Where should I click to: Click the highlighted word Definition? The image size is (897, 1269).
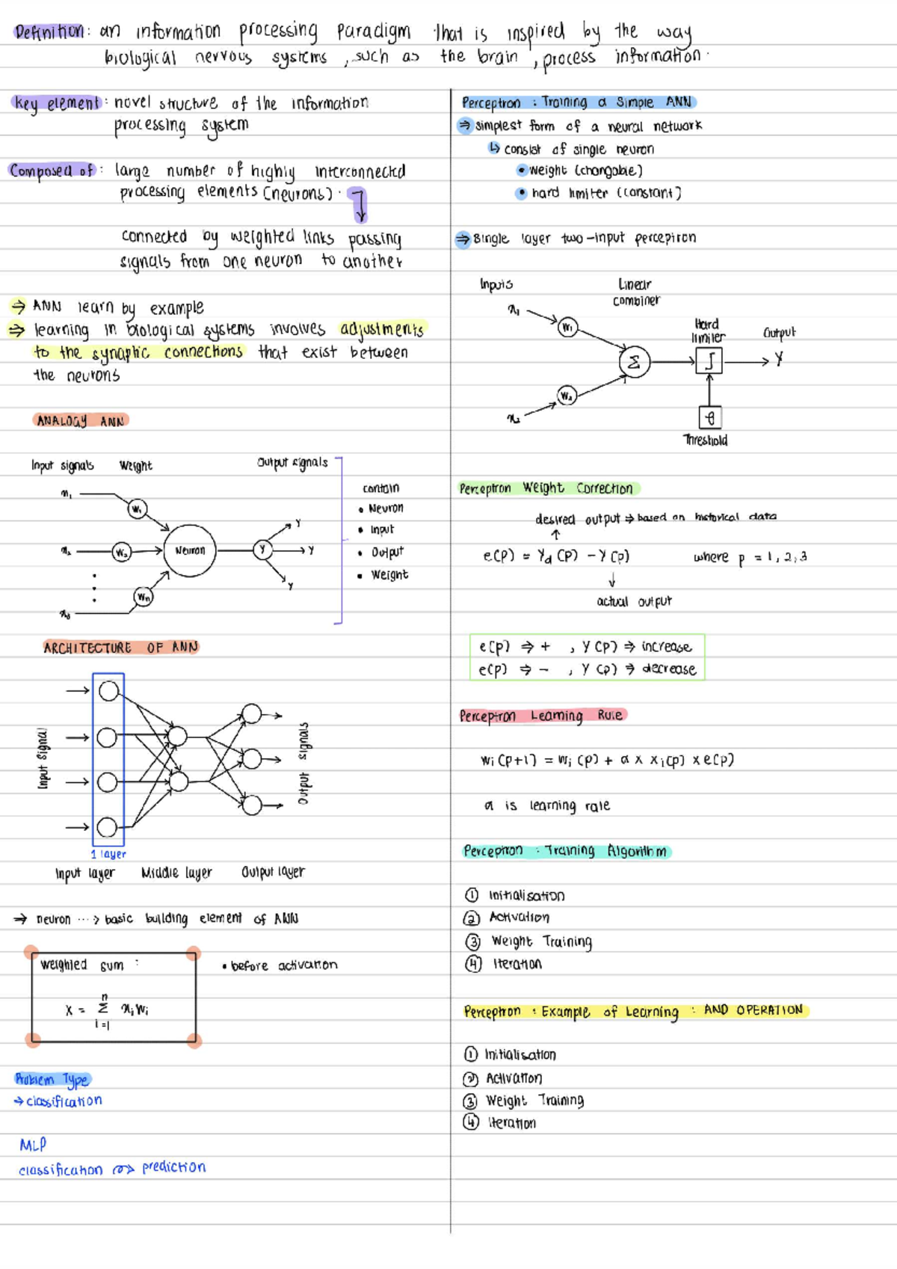(49, 32)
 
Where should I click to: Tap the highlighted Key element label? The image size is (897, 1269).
(56, 103)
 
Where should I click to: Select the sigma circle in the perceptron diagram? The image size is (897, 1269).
(634, 362)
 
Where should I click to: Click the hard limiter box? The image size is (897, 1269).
(709, 362)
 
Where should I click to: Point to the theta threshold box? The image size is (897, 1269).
(709, 417)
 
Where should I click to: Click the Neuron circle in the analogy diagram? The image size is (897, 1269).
(190, 550)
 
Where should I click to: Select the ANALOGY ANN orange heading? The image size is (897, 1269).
(81, 421)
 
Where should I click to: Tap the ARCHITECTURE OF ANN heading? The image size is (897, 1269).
(120, 648)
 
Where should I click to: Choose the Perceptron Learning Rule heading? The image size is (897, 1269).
(541, 716)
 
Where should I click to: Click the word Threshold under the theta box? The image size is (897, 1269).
(706, 440)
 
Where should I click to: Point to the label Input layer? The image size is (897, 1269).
(84, 873)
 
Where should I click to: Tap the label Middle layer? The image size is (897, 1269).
(176, 873)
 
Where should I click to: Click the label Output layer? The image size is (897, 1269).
(273, 872)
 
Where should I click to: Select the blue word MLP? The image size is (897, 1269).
(33, 1145)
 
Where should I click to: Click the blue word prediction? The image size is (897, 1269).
(173, 1167)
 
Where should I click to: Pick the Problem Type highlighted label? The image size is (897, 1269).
(52, 1079)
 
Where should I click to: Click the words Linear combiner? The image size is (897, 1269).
(635, 292)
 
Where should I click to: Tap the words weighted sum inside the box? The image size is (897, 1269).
(82, 965)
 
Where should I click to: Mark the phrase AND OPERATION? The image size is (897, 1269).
(753, 1010)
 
